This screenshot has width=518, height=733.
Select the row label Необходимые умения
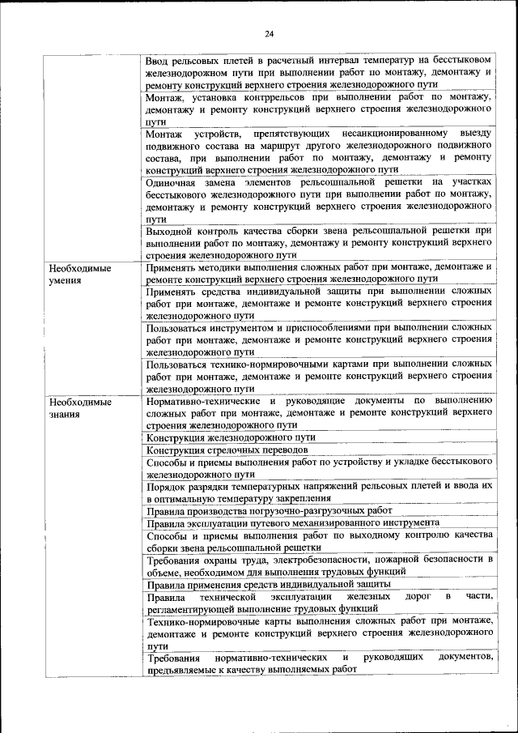tap(79, 273)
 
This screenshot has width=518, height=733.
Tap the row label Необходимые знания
tap(79, 407)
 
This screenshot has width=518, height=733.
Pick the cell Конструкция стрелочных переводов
tap(227, 450)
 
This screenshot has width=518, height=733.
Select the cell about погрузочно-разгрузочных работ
tap(269, 510)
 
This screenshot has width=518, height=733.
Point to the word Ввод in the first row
tap(159, 61)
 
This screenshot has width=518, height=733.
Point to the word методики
tap(232, 266)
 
